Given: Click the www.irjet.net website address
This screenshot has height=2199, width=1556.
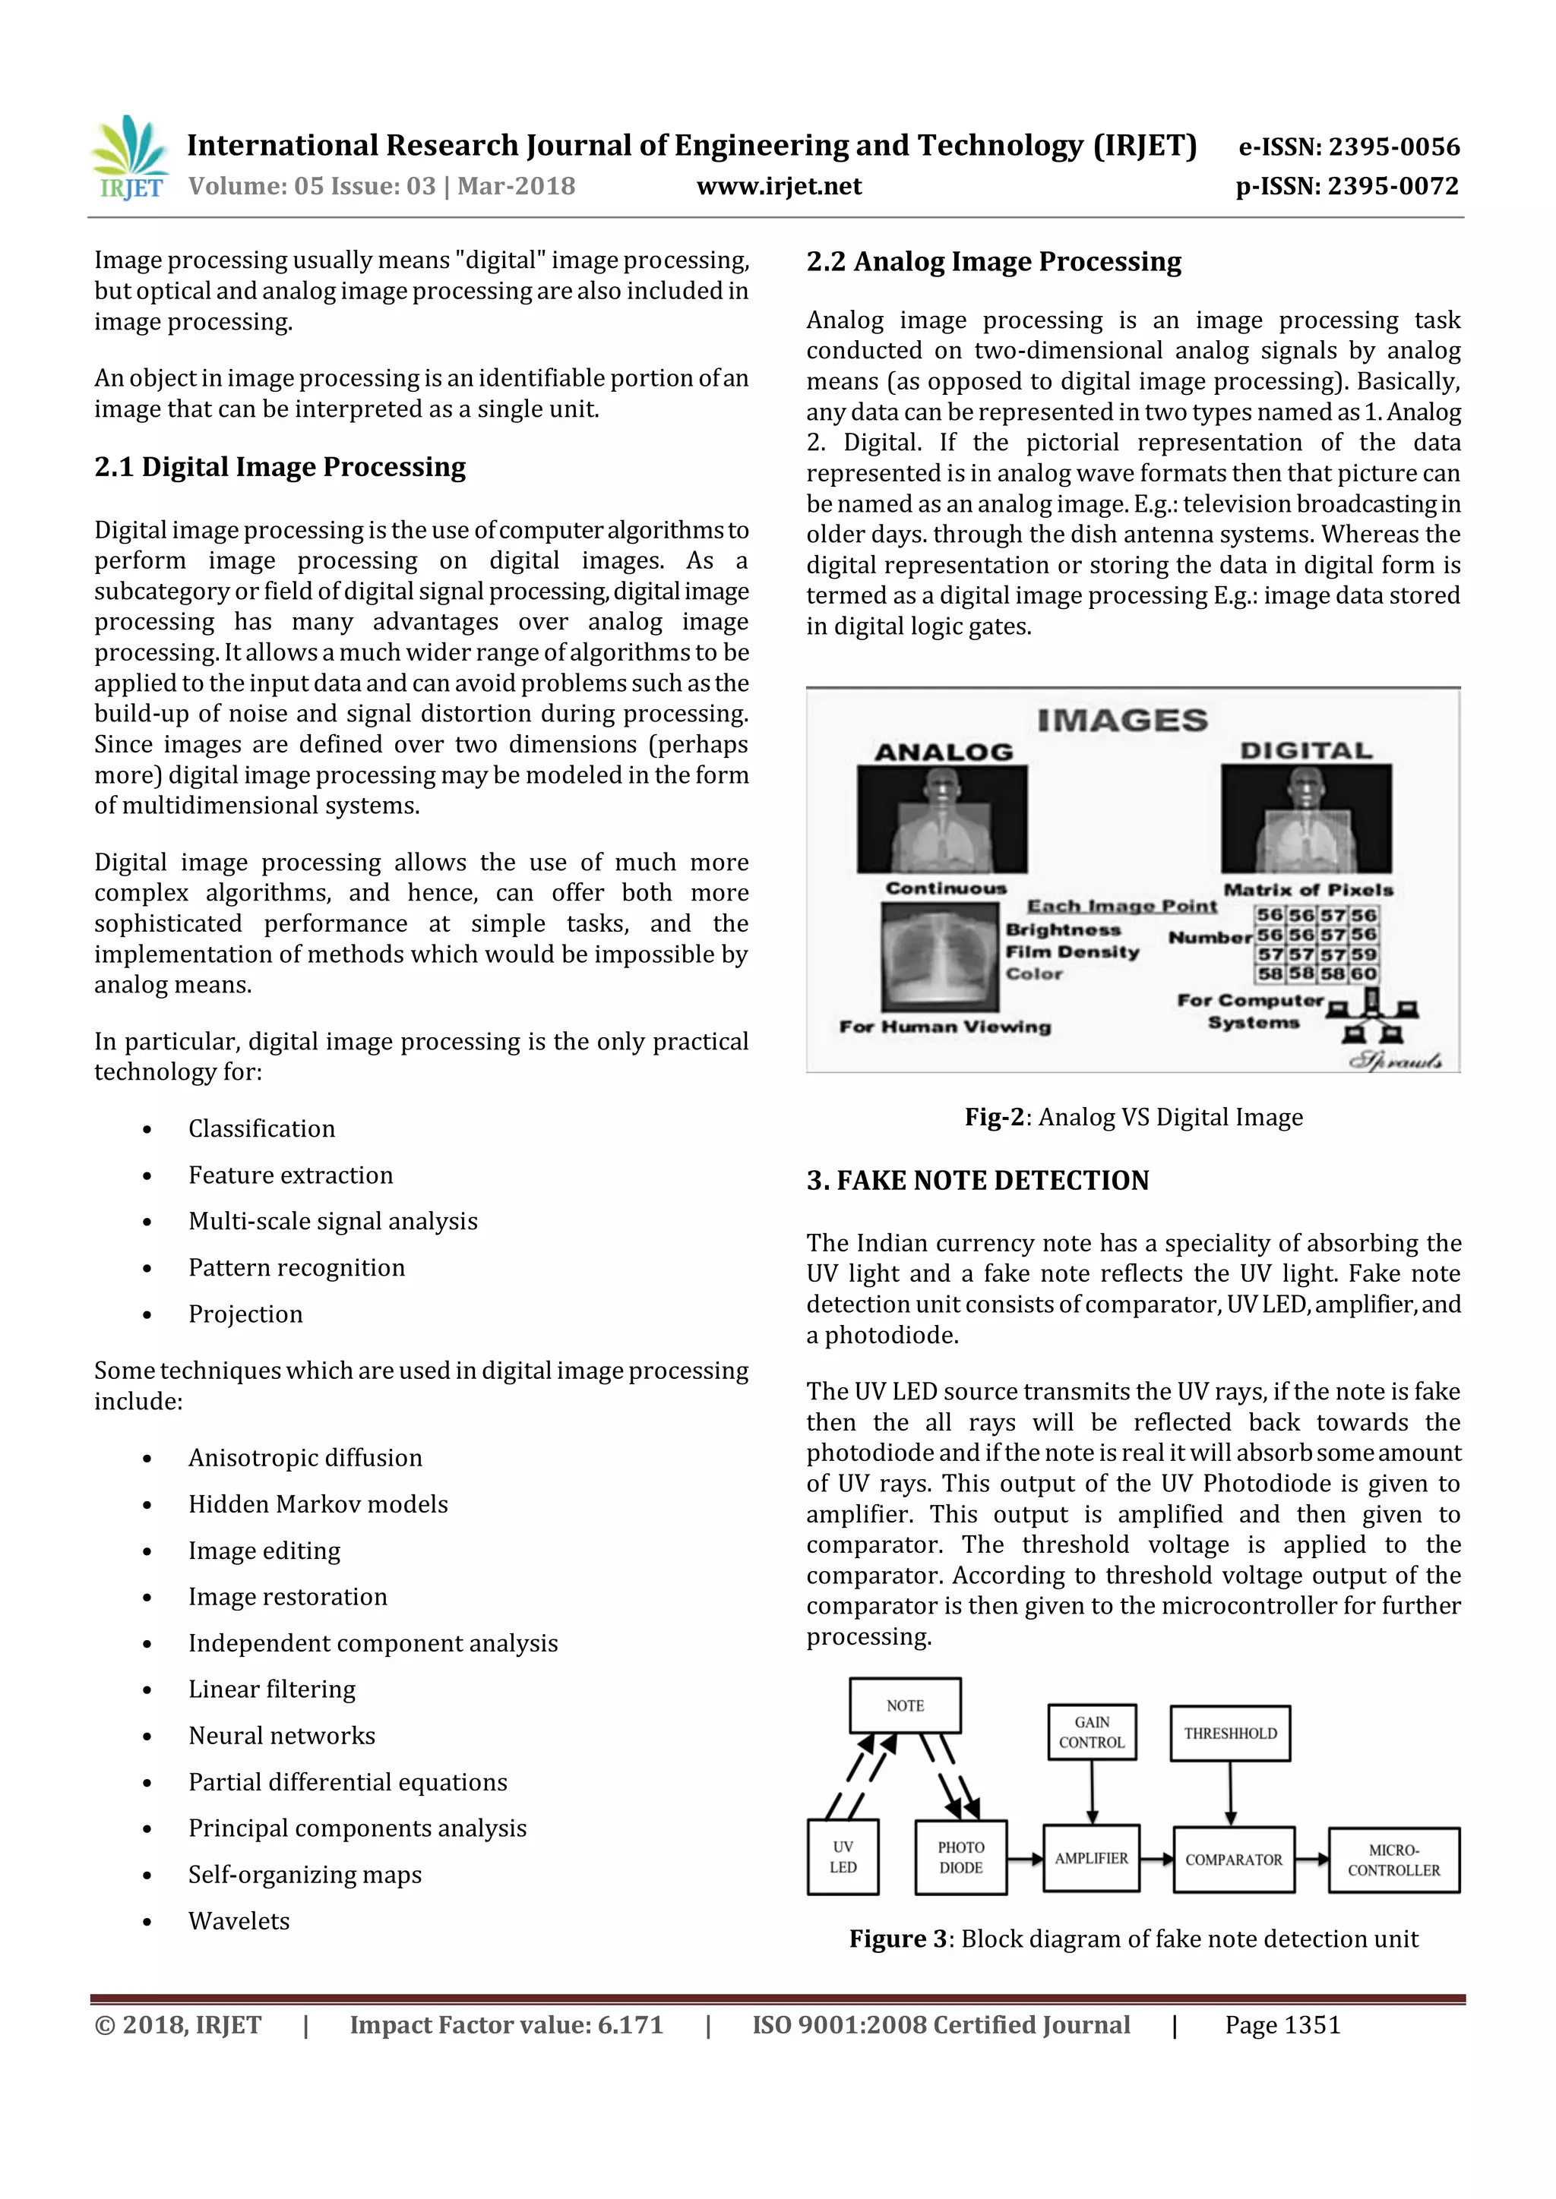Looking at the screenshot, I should (779, 187).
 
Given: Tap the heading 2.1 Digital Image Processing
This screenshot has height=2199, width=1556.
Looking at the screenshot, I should (280, 468).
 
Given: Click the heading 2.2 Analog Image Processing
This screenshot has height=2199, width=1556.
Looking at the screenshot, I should (994, 261).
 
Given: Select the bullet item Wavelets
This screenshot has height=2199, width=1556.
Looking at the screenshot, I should (239, 1921).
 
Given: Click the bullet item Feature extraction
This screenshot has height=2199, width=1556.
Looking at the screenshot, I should (290, 1175).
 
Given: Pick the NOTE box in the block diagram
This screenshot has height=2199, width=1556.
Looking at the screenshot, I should (904, 1705).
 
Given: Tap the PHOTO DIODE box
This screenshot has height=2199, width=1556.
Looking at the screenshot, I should (960, 1857).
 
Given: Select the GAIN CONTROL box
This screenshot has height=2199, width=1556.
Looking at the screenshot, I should (1091, 1731).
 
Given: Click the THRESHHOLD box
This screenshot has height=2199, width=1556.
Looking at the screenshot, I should (1230, 1734).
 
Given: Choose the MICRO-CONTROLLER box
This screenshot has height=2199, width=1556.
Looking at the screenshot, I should (1393, 1860).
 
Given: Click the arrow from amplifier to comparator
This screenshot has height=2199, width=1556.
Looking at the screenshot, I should (1156, 1859).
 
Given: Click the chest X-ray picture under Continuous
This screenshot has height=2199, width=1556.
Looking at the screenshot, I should (940, 957).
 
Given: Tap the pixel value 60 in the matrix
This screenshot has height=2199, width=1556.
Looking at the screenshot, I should (1364, 974).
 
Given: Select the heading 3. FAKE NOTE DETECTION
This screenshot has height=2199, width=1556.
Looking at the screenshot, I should (977, 1181).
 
